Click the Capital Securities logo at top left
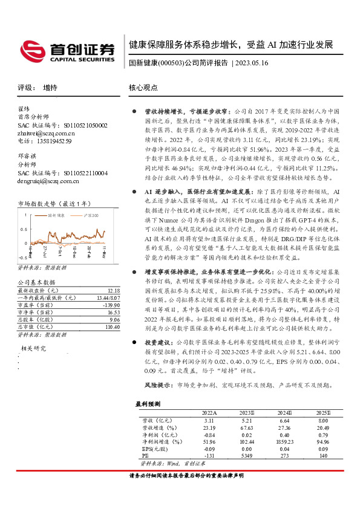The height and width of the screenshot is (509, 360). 67,51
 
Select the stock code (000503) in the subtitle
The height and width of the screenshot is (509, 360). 171,62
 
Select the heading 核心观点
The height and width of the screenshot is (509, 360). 143,88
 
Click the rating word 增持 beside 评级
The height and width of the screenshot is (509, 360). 51,88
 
